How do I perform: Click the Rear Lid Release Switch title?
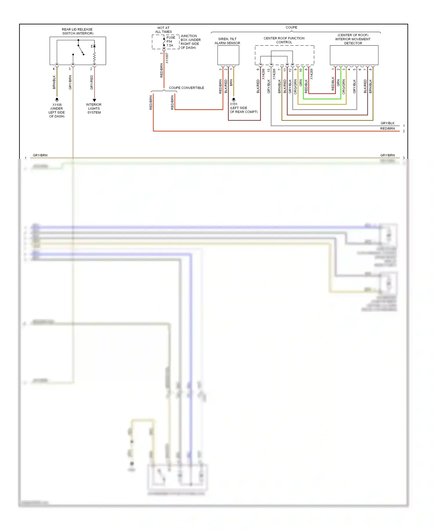(77, 31)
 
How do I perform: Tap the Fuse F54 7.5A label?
(171, 41)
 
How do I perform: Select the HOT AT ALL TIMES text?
(163, 30)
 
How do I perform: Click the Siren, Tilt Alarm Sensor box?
(228, 55)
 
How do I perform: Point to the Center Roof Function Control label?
(284, 40)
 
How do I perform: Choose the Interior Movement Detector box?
(354, 55)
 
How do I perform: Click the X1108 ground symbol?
(57, 99)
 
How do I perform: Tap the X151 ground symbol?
(234, 99)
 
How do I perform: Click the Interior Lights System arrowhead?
(94, 100)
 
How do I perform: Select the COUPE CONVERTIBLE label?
(186, 88)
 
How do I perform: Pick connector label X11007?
(167, 58)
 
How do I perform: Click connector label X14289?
(311, 74)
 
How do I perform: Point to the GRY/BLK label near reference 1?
(387, 123)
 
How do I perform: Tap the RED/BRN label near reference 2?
(387, 128)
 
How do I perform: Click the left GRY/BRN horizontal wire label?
(40, 155)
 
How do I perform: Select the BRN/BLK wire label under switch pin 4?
(54, 82)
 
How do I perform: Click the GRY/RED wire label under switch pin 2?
(92, 82)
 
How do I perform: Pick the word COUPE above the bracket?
(291, 28)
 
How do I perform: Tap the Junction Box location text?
(190, 42)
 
